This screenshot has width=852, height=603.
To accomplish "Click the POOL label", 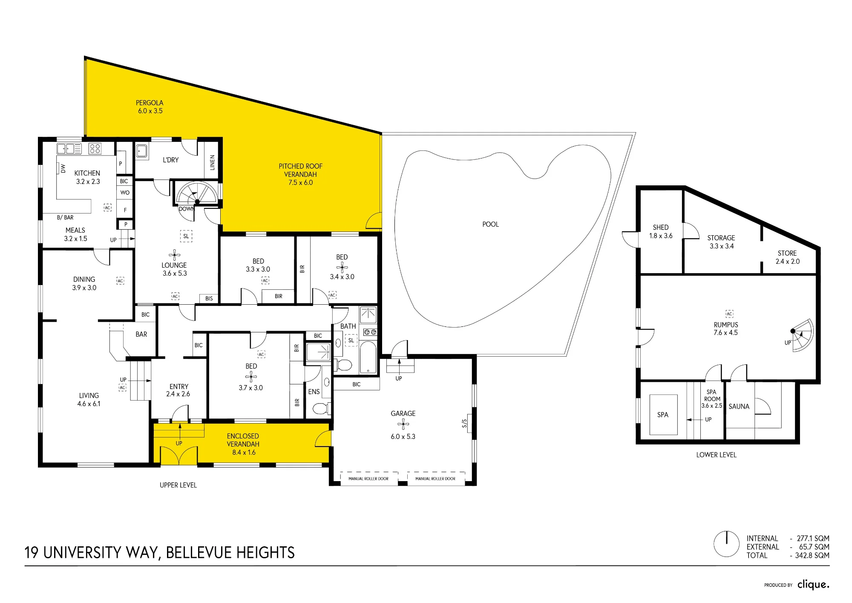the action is tap(490, 224).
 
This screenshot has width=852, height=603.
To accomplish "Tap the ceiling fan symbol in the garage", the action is tap(403, 424).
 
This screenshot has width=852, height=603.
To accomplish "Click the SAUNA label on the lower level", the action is tap(739, 407).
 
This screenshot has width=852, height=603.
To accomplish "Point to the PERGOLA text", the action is tap(150, 103).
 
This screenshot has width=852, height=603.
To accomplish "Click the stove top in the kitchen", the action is tap(95, 148).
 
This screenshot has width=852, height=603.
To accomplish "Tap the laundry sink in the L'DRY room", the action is tap(142, 151).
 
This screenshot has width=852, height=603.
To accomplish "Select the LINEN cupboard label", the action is tap(212, 162).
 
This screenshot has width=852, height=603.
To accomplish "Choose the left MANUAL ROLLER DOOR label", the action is tap(368, 479).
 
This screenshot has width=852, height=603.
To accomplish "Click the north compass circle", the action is tap(726, 544).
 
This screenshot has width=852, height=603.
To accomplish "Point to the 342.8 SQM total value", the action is tap(812, 555).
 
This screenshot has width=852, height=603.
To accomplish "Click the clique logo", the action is tap(813, 584).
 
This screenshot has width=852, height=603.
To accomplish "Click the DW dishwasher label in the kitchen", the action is tap(63, 168).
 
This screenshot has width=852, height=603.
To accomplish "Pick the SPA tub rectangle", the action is tap(663, 415).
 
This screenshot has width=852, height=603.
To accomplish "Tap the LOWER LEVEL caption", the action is tap(716, 455).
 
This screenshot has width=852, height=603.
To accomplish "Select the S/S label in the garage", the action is tap(464, 423).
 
